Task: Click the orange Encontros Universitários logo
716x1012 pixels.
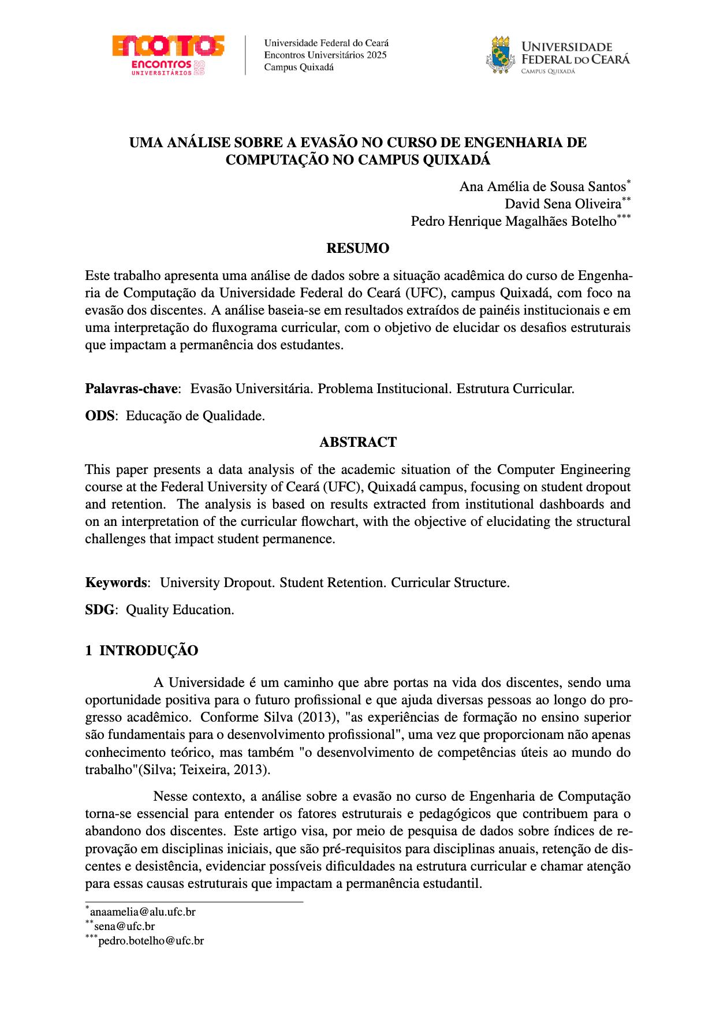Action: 168,55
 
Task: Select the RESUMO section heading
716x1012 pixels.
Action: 357,248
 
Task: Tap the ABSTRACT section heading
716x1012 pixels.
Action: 358,442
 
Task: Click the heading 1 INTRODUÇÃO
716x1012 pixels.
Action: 141,651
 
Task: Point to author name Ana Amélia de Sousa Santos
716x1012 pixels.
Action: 542,186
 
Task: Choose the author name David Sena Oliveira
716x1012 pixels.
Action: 563,204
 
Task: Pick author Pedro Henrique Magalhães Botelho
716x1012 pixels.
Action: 513,221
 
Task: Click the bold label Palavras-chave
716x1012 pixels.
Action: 131,389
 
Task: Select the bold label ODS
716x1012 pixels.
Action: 99,416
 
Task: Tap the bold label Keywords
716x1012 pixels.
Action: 115,582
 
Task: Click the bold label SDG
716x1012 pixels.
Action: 99,610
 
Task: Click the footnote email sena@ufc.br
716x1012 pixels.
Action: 124,927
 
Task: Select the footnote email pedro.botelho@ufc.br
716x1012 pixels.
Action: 151,941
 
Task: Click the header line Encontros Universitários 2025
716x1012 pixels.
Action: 325,55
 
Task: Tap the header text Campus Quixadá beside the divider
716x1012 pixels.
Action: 299,67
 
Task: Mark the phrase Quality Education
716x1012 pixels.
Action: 180,610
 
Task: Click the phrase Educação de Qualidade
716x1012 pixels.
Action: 195,416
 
